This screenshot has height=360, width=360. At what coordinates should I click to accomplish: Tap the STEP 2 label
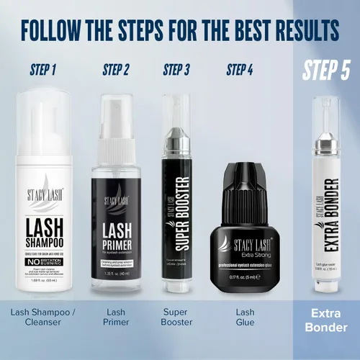point(116,71)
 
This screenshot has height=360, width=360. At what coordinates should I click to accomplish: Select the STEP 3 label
point(176,71)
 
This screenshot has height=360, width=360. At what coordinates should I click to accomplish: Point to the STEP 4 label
point(240,71)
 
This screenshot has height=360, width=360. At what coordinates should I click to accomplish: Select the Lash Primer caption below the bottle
point(116,318)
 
